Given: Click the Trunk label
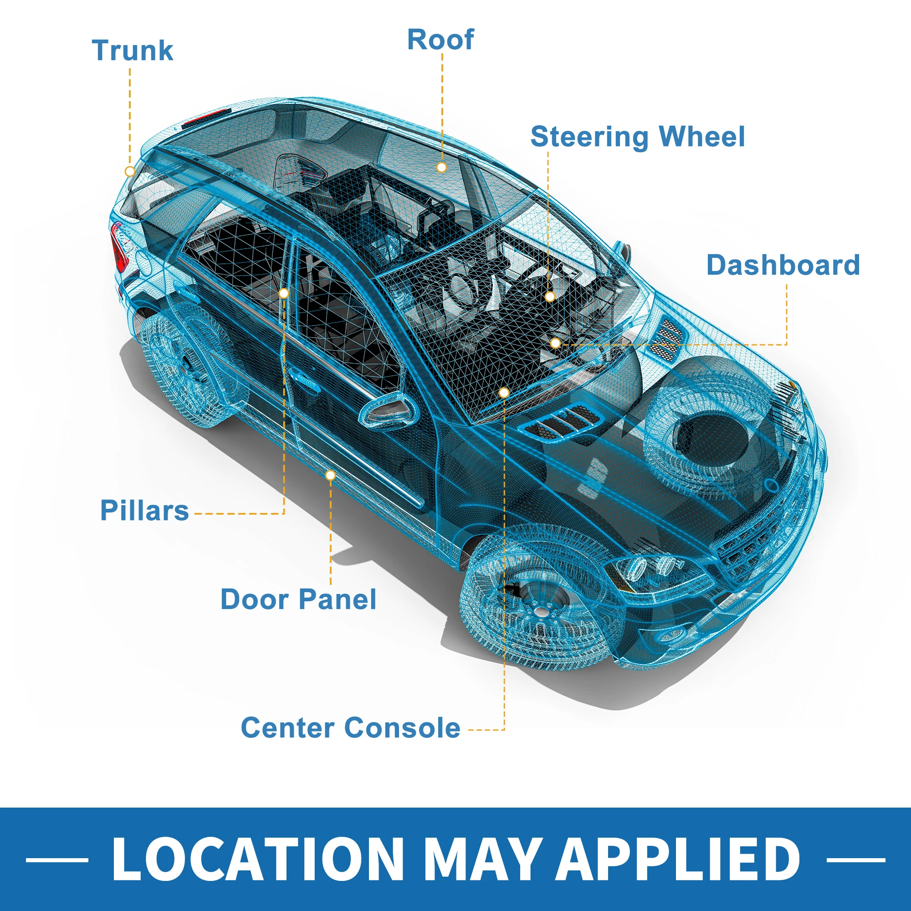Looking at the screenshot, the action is [133, 51].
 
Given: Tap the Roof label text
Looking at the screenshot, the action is [440, 40].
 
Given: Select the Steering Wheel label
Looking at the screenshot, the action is [638, 137].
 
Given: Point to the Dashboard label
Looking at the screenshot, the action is [783, 265].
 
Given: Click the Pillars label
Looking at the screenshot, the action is [144, 510].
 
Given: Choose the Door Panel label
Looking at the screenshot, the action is [298, 599].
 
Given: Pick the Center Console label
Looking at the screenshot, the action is [350, 727].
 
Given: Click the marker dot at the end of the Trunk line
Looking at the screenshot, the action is [130, 171].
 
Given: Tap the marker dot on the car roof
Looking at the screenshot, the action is [441, 167].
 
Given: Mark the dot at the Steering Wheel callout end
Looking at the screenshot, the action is [549, 297].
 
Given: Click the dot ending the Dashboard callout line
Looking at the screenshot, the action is [555, 343].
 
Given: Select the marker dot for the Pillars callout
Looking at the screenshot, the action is [283, 293].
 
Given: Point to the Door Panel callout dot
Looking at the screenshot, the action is [331, 475].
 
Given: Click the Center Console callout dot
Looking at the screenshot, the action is [504, 392].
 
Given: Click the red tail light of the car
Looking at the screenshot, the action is [118, 251].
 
